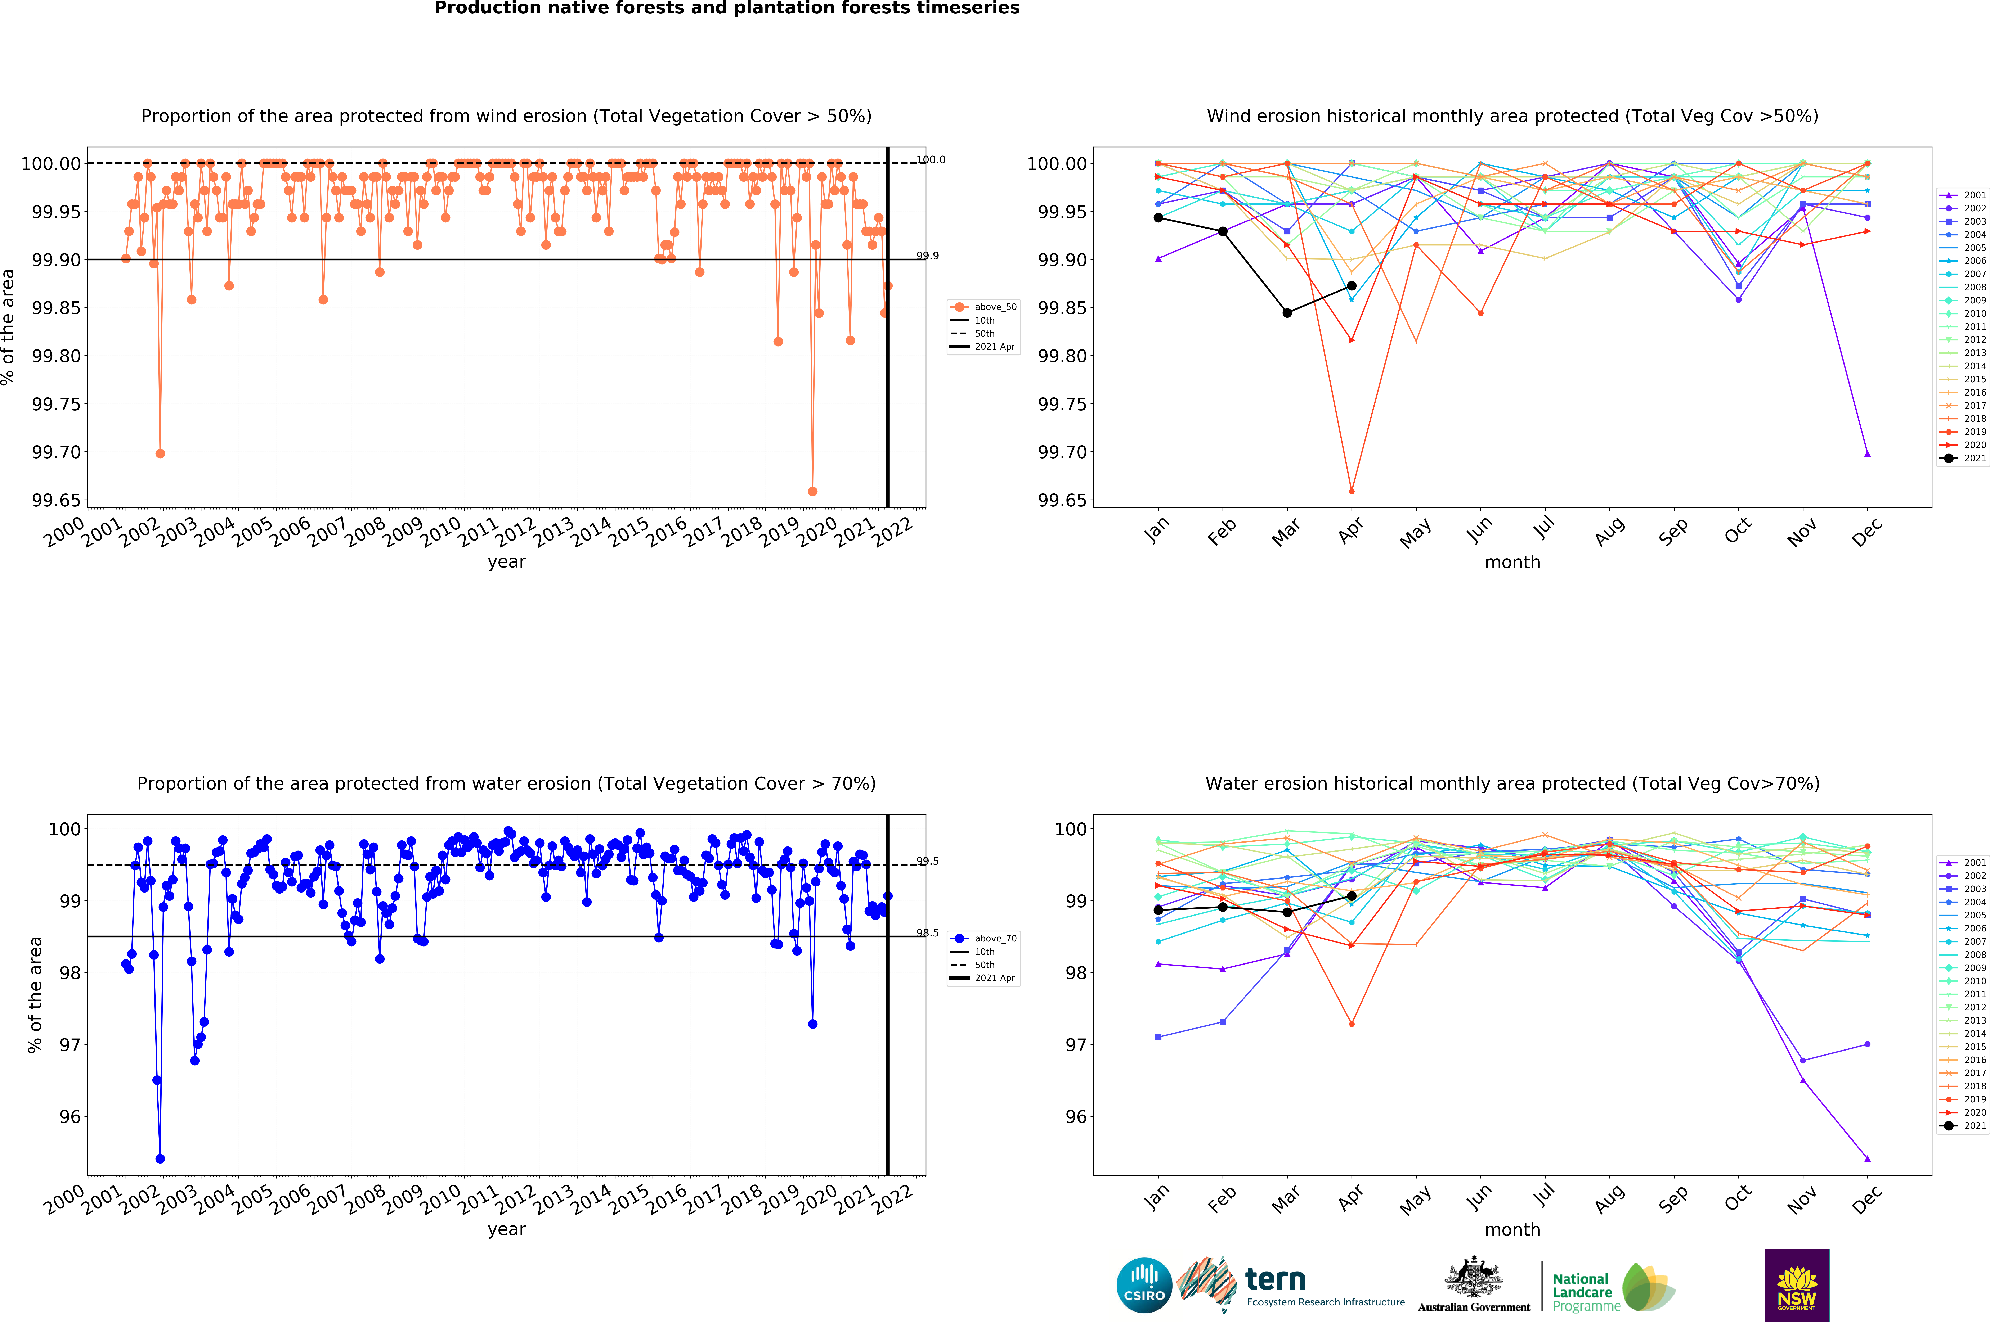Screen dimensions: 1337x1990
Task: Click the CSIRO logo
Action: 1144,1285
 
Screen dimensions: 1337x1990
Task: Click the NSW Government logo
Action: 1796,1285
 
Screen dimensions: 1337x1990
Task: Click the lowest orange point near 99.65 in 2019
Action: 812,491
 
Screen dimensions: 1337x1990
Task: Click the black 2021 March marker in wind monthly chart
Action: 1287,313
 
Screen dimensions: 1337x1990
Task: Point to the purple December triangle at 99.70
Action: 1867,454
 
